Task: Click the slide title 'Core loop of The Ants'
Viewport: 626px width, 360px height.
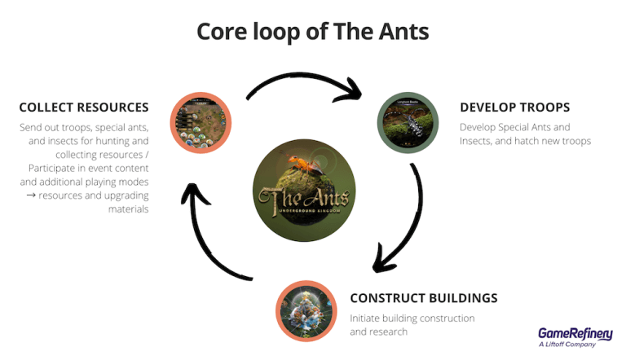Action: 313,31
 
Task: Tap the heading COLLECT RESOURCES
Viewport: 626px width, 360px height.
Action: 83,108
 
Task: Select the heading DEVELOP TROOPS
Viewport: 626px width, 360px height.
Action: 514,108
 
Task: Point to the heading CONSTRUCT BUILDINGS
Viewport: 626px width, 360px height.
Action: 423,297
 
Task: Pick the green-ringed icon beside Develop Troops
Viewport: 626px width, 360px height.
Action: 408,122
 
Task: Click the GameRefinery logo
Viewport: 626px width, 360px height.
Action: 576,332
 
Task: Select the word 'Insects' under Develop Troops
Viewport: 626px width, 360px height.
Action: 478,141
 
